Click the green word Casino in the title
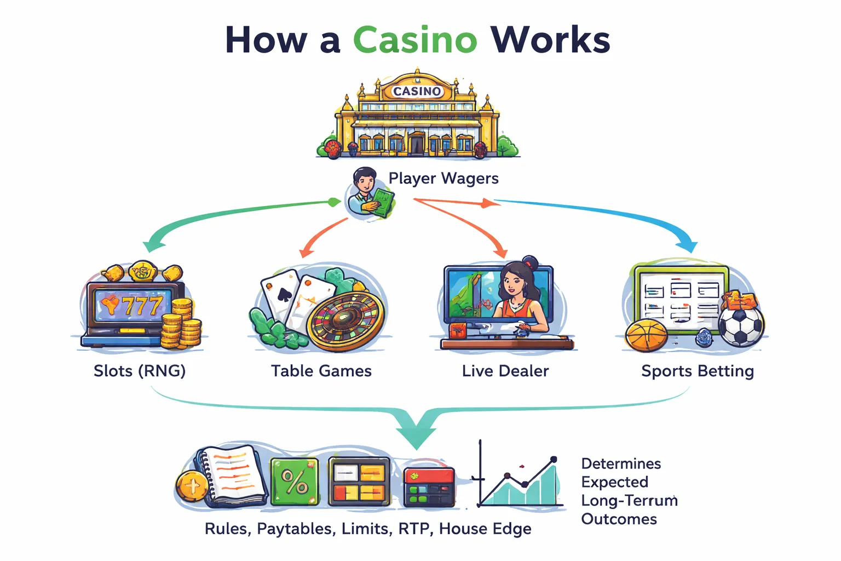[414, 40]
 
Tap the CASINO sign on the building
[417, 91]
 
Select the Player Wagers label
[443, 178]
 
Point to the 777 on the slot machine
[141, 305]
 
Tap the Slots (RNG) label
[140, 371]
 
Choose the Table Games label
[321, 371]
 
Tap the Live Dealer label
[505, 371]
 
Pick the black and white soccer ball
[740, 325]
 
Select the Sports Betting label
[697, 371]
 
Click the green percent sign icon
[295, 482]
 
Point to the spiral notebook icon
[233, 476]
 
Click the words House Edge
[485, 529]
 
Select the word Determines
[621, 463]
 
